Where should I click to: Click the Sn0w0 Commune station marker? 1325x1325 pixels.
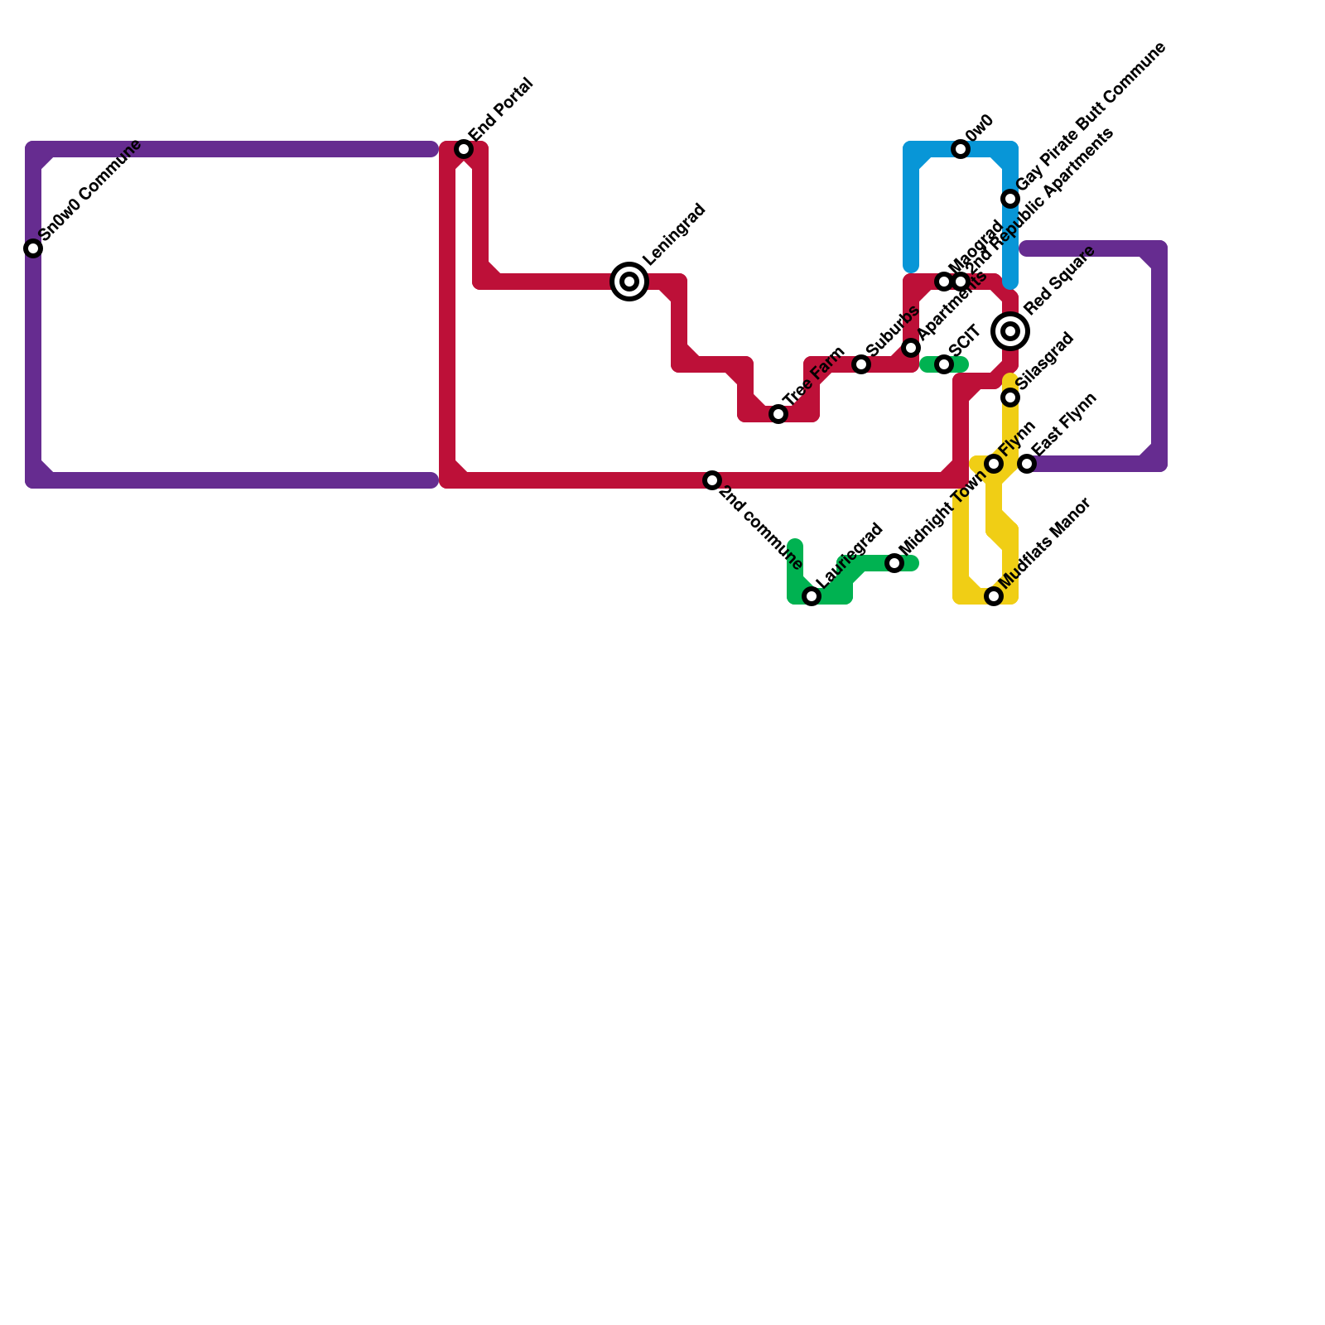33,248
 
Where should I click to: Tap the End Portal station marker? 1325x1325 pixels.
464,149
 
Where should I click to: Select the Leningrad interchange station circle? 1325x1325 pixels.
629,282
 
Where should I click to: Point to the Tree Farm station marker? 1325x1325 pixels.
778,414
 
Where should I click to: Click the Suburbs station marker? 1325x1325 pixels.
861,364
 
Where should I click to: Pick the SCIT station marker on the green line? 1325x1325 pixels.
944,364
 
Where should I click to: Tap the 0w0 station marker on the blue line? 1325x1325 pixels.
961,149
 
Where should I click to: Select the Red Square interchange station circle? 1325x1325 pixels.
1010,331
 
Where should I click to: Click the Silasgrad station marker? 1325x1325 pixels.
1010,397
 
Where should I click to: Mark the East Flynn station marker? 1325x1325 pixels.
1027,464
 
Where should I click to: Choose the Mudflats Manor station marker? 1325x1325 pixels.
994,596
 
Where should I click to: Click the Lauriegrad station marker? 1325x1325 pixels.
812,596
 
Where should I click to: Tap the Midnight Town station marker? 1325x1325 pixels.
894,563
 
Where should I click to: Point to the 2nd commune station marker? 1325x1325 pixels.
712,480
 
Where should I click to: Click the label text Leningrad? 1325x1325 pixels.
674,234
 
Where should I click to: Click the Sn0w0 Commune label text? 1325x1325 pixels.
91,191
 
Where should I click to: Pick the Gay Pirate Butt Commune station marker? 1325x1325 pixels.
1010,199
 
